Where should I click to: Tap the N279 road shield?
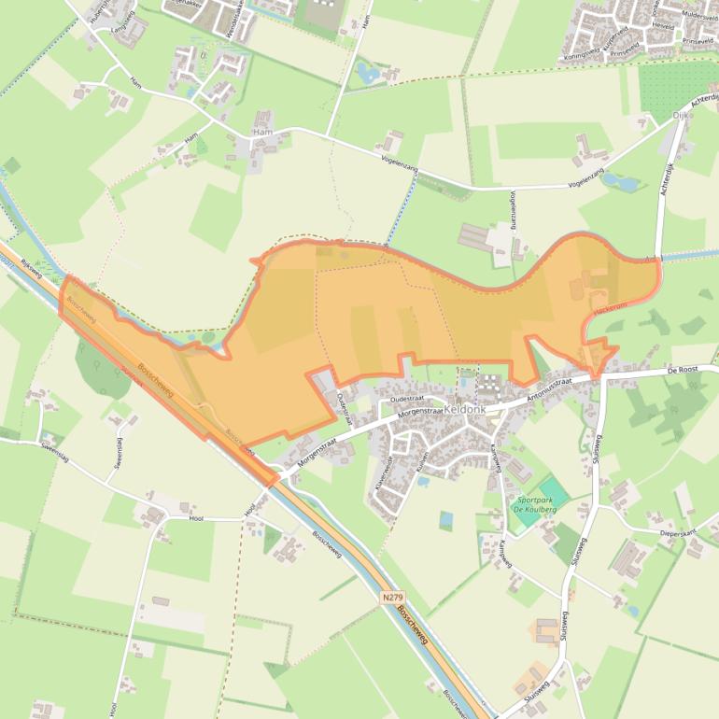point(393,596)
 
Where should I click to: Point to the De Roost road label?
point(683,371)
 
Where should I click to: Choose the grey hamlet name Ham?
point(261,134)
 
